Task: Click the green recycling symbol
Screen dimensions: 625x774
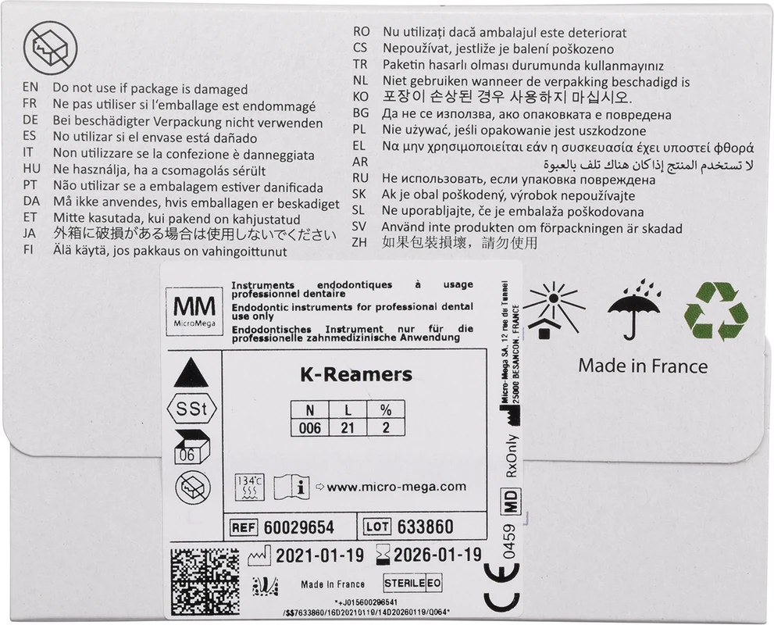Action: click(x=715, y=311)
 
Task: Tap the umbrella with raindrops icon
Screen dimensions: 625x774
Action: click(x=635, y=310)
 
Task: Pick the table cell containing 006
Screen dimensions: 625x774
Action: click(x=310, y=428)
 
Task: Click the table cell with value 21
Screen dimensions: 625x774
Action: click(x=348, y=428)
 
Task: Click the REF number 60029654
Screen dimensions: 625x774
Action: click(x=299, y=527)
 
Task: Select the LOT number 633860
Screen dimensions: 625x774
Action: click(x=425, y=527)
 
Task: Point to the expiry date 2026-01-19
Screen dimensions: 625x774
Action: click(x=437, y=555)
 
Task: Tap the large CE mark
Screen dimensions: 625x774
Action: click(x=501, y=588)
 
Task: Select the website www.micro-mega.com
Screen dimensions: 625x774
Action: click(x=396, y=487)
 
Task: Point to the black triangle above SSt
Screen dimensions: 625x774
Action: click(x=190, y=373)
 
